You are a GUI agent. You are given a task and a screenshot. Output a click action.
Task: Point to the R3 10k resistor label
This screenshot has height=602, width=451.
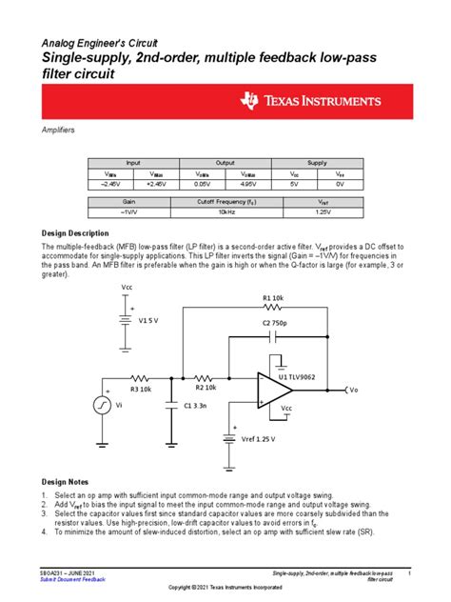click(141, 390)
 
